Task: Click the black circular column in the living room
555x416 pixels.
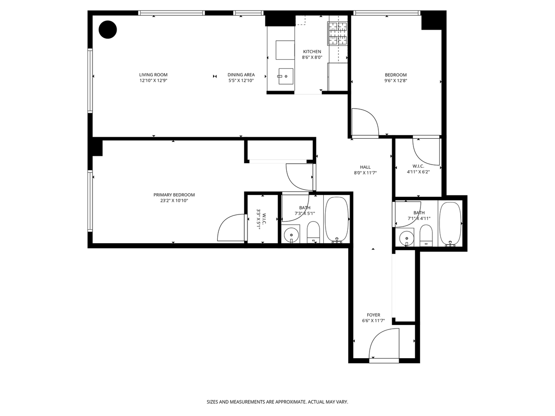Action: (108, 30)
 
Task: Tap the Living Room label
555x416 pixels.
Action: (153, 75)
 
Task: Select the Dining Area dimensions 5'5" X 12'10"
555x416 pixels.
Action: (240, 80)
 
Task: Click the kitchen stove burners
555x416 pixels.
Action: (338, 34)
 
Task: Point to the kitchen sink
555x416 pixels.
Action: (286, 76)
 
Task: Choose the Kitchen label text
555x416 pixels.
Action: (312, 51)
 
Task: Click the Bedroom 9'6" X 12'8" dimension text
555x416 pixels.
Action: (396, 81)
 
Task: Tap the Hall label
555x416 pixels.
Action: (365, 167)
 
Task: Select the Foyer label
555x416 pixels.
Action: (373, 315)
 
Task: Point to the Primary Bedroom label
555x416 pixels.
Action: (174, 195)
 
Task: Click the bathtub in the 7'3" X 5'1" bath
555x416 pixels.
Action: (337, 220)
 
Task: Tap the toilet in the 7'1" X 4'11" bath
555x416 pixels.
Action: (426, 235)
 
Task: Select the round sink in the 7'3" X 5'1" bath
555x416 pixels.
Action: (291, 235)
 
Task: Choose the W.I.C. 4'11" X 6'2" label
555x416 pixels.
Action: (418, 169)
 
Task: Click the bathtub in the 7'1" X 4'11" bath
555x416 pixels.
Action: (450, 224)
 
